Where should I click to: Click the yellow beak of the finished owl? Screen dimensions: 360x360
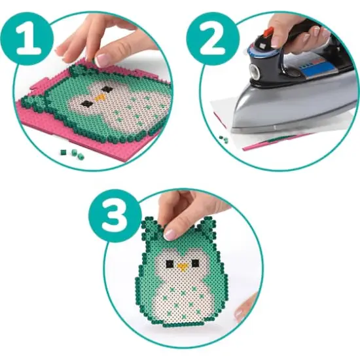click(x=183, y=266)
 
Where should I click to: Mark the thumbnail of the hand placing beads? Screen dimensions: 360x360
click(x=103, y=60)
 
